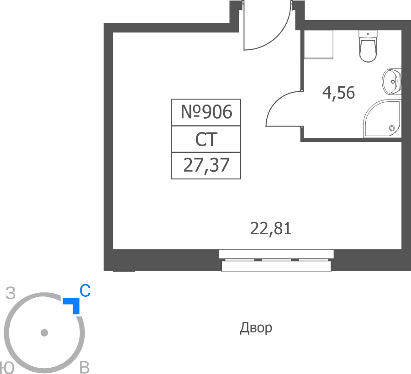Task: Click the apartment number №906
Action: pos(206,112)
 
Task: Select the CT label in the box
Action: pos(206,139)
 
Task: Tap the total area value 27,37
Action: pos(206,165)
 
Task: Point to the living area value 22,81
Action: pos(271,228)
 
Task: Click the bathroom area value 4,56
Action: pos(338,93)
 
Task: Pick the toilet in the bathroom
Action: pos(368,46)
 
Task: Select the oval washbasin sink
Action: pos(391,81)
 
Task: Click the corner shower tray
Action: pos(382,118)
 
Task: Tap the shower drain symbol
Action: pos(392,128)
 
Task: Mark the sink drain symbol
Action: pos(393,81)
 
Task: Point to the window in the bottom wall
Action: pos(276,260)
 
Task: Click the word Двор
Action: pos(256,328)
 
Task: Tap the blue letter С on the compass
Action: pos(85,290)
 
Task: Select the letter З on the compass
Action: pos(11,293)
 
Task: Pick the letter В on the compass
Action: pos(84,368)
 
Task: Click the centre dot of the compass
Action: pos(44,333)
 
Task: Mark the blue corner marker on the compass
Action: pos(73,304)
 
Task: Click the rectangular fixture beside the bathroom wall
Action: pos(318,44)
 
